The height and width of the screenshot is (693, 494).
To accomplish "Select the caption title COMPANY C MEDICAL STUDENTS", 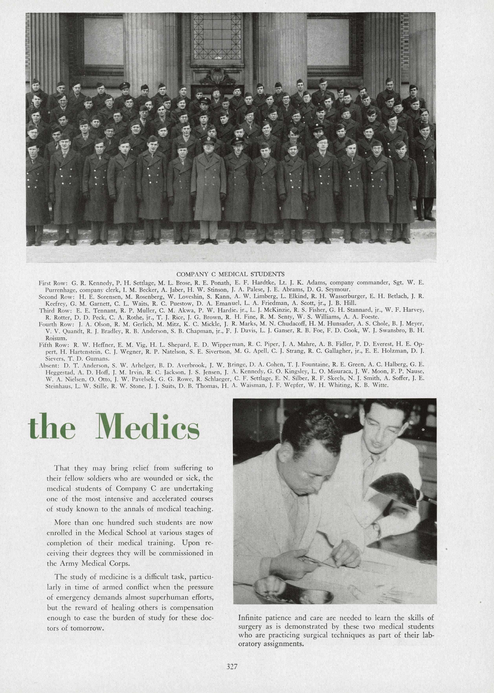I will click(230, 274).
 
